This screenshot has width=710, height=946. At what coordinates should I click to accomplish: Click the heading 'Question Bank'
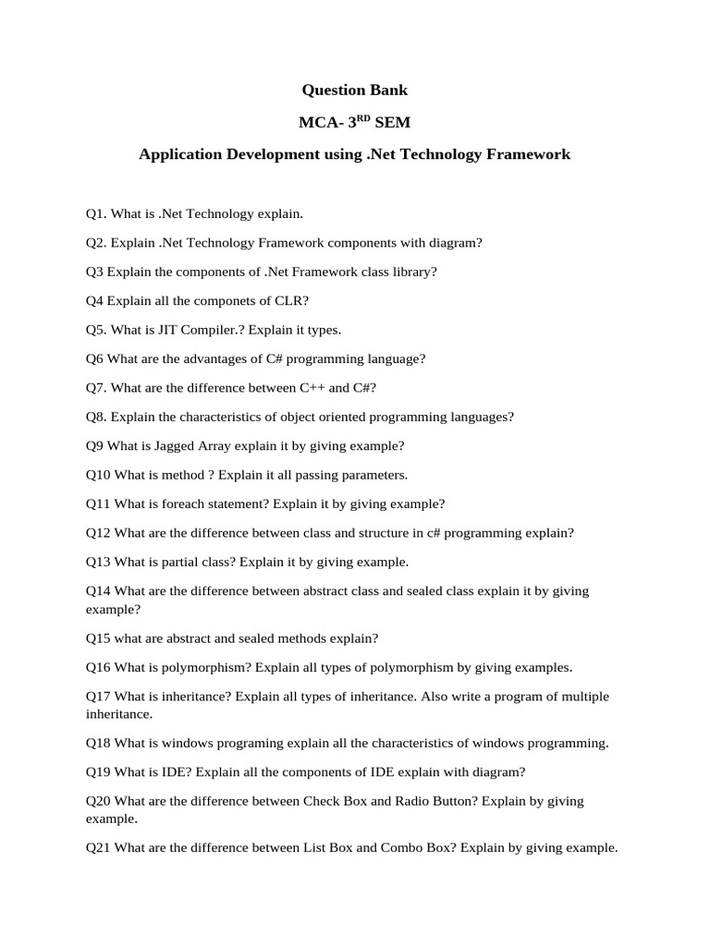pos(354,90)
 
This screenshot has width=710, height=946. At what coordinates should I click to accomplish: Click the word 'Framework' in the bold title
pos(525,154)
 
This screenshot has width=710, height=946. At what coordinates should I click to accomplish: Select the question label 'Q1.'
pos(96,213)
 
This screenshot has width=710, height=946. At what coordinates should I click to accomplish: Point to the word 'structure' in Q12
pos(377,533)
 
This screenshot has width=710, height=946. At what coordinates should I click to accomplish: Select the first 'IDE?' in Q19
pos(177,772)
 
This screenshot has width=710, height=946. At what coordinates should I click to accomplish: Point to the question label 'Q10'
pos(98,475)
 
